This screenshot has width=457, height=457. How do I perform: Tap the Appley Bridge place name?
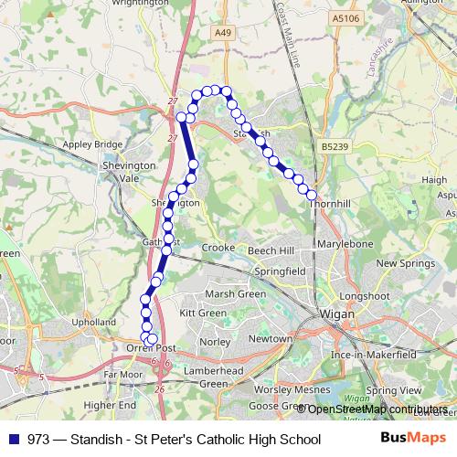coord(91,144)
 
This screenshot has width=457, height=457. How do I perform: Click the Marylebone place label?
coord(346,245)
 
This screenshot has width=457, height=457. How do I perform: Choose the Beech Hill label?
coord(269,250)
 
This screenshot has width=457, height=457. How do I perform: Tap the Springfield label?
coord(281,272)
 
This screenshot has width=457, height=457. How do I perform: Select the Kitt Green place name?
coord(203,313)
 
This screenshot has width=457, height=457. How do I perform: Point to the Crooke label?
coord(218,248)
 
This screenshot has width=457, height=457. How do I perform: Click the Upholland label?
coord(95,323)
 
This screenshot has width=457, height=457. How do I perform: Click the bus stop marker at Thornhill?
coord(312,196)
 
